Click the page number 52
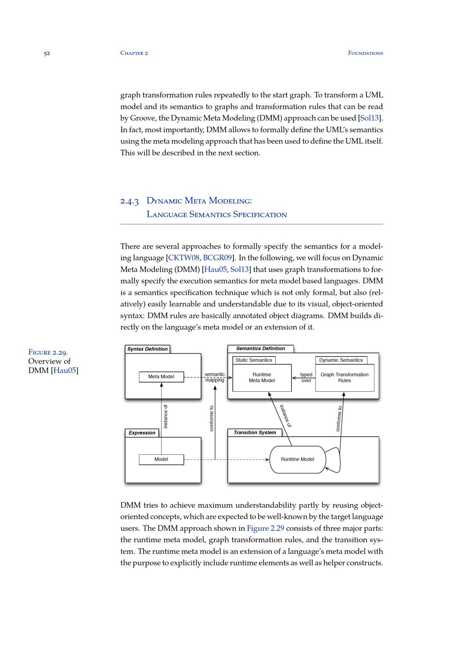click(x=46, y=53)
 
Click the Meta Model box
click(x=161, y=377)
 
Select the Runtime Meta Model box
click(x=262, y=378)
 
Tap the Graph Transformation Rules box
click(x=345, y=378)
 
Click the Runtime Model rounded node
click(x=297, y=459)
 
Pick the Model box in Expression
click(x=161, y=459)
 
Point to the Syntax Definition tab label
click(x=147, y=349)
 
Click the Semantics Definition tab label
click(x=260, y=349)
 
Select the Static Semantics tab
click(x=254, y=360)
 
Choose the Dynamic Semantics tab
click(x=341, y=360)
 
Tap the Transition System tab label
click(x=254, y=433)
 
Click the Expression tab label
click(x=142, y=433)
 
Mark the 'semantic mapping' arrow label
click(x=215, y=378)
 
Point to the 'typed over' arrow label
click(x=306, y=378)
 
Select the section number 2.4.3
click(x=130, y=201)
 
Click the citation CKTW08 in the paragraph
click(x=184, y=258)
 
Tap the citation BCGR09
click(x=218, y=258)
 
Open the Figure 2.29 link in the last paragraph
click(x=265, y=529)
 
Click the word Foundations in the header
click(x=365, y=53)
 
